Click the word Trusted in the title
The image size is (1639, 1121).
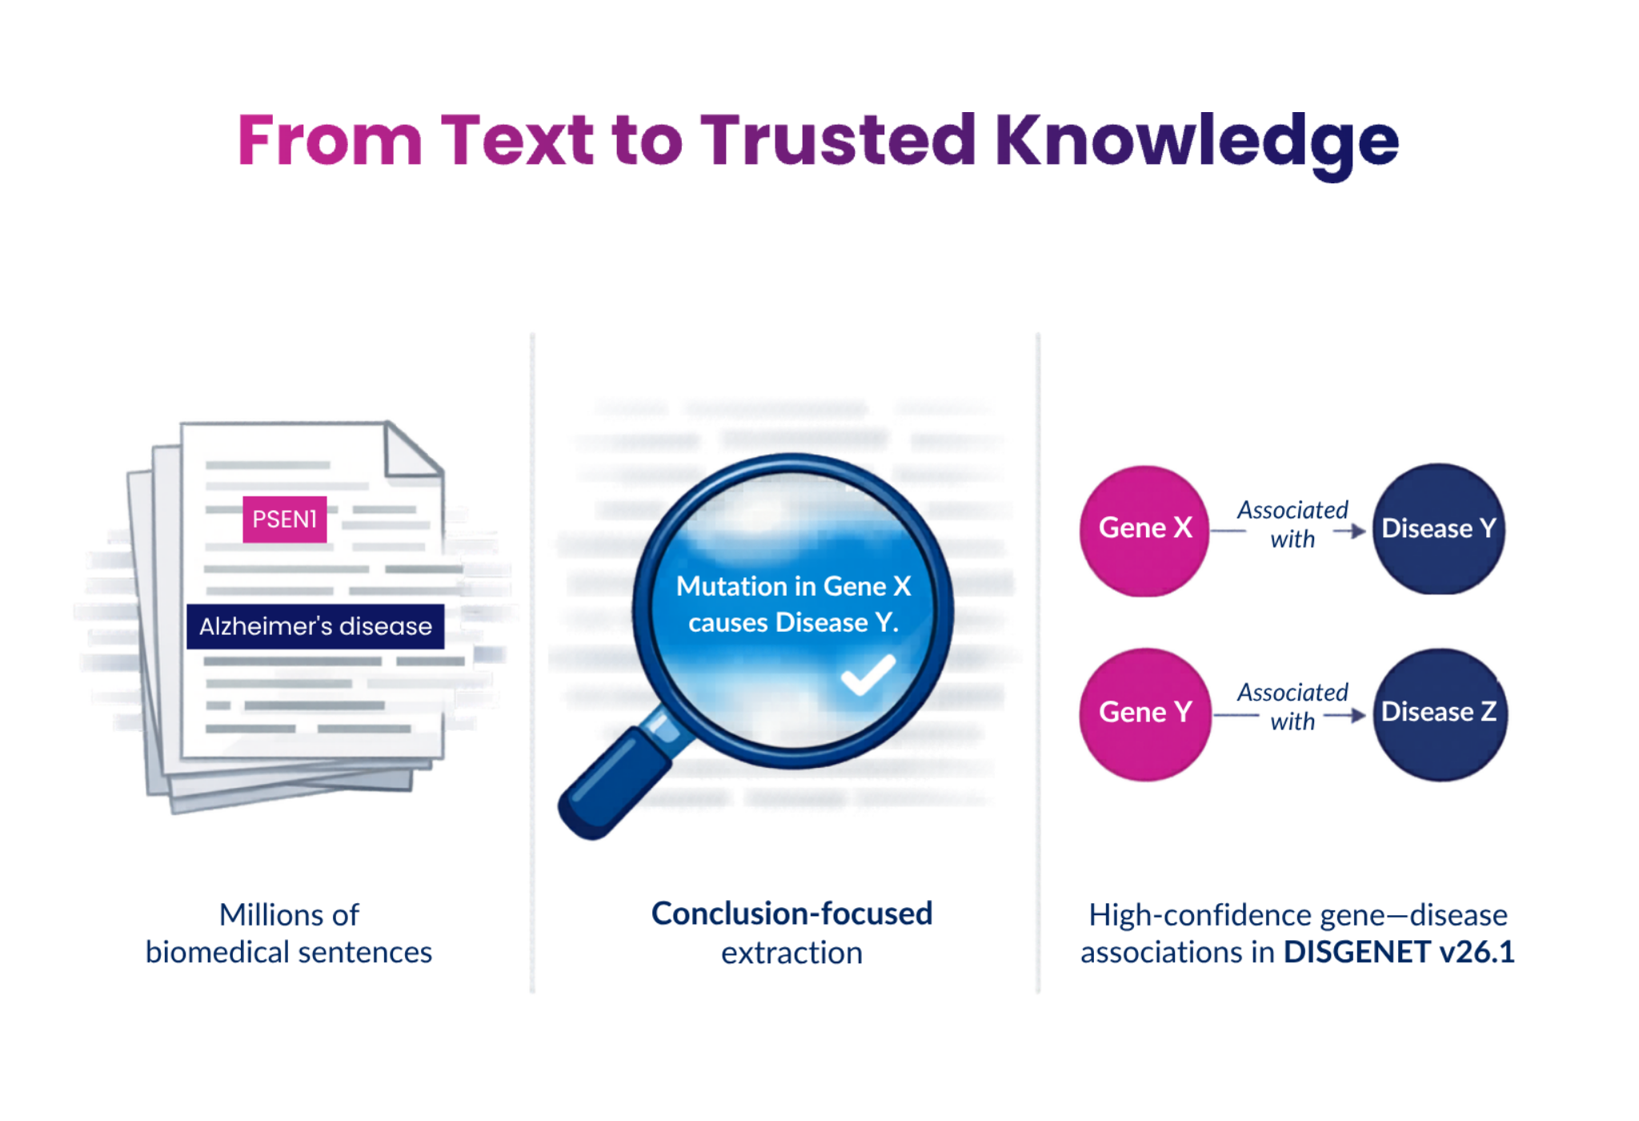(838, 141)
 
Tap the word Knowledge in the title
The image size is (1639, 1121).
(1196, 141)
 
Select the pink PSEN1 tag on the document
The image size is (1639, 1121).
(284, 519)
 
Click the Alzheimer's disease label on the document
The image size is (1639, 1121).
(315, 626)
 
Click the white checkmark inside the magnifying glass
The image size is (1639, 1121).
(868, 674)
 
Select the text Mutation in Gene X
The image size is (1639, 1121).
(793, 586)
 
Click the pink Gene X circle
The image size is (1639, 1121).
(1144, 529)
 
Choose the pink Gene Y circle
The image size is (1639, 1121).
(1144, 713)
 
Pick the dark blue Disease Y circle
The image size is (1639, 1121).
(1438, 529)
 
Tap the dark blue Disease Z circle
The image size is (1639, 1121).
(1439, 713)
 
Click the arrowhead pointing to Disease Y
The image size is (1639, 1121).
(1357, 531)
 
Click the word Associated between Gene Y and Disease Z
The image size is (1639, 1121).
(1292, 693)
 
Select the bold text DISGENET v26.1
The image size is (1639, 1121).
(1399, 952)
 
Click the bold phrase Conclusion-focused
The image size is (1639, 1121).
(791, 914)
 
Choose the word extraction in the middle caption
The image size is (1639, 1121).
(791, 953)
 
